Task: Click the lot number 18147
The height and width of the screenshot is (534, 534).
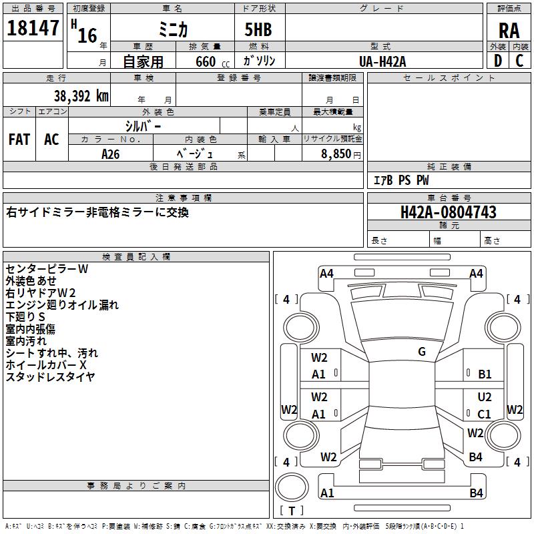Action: (33, 28)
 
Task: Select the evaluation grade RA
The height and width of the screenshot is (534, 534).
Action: (509, 30)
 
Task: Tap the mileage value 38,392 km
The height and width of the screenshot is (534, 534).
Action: (81, 96)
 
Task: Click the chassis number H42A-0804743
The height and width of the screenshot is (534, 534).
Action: (448, 212)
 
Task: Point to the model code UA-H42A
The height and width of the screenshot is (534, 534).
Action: (382, 61)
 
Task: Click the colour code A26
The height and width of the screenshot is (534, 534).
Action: (110, 154)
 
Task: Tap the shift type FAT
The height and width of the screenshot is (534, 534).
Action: (19, 139)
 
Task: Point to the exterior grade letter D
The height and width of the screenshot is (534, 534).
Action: (497, 61)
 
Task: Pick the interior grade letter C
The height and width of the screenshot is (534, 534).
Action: (519, 61)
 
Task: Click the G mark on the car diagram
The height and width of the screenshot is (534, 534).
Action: (422, 352)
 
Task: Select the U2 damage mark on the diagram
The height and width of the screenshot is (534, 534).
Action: (485, 397)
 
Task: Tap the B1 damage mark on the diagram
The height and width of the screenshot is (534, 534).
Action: (485, 374)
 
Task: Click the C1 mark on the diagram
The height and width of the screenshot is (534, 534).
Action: (485, 414)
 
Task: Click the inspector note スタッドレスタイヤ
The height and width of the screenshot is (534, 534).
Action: (50, 377)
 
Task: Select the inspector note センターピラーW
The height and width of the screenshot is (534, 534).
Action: (47, 269)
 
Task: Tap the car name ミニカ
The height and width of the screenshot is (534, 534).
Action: (172, 30)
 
